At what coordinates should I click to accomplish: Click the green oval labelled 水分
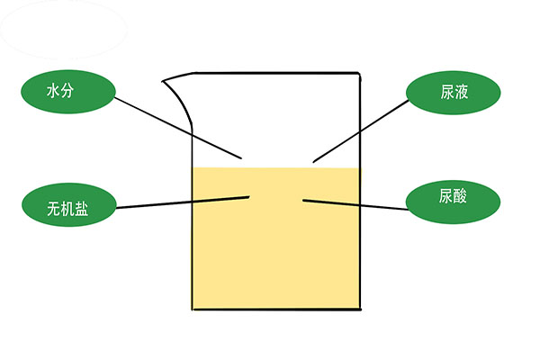(67, 92)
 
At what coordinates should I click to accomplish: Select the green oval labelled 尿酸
(453, 202)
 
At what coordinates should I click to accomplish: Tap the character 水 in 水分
(53, 91)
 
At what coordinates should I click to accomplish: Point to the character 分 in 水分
(67, 91)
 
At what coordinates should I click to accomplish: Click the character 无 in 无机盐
(54, 209)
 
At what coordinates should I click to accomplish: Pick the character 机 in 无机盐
(67, 209)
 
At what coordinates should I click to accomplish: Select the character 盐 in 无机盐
(82, 209)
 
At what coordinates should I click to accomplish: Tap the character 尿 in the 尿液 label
(447, 93)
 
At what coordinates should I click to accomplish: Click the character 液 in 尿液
(461, 93)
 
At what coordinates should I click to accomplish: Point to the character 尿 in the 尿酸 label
(445, 195)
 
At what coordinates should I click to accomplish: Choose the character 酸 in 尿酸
(460, 195)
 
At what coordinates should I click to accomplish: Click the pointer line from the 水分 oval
(178, 128)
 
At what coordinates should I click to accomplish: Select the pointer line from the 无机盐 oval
(183, 202)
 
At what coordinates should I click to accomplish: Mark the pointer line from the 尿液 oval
(361, 131)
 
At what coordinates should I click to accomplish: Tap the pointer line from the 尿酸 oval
(355, 204)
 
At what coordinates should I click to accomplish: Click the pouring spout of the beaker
(177, 96)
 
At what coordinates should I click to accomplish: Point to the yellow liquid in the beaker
(276, 238)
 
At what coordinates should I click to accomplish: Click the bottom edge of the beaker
(276, 310)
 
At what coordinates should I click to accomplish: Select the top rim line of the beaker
(276, 73)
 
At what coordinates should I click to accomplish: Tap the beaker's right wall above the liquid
(360, 121)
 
